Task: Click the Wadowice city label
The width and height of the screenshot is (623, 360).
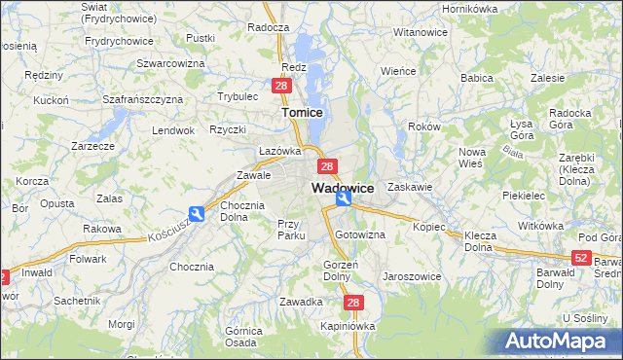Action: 343,187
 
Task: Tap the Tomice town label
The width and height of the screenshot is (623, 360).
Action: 302,113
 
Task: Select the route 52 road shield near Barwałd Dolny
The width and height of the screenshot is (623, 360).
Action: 580,257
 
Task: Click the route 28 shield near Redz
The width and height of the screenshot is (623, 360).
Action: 281,87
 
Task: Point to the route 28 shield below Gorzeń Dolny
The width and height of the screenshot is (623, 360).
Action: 353,304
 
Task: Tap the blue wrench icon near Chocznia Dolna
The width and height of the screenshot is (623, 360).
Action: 197,215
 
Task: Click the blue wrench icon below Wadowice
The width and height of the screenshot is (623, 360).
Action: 344,199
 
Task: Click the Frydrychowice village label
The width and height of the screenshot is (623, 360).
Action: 120,41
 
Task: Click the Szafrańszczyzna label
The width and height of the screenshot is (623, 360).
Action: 143,99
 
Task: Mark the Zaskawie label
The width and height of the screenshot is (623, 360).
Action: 409,186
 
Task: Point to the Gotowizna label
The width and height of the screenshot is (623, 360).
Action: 360,235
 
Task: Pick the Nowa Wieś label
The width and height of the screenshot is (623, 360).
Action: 472,158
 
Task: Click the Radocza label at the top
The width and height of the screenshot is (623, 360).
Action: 269,28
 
